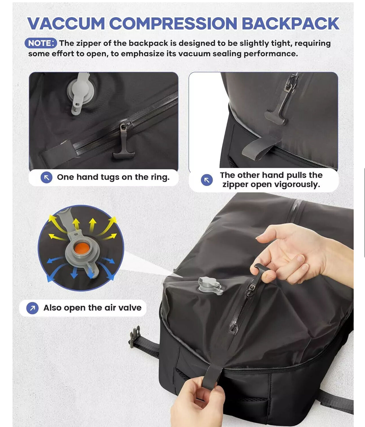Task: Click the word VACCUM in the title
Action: (x=66, y=23)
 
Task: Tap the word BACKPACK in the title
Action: (x=290, y=23)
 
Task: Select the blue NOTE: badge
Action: (x=41, y=43)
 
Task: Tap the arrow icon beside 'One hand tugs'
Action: (x=46, y=178)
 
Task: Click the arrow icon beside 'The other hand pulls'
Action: (x=207, y=180)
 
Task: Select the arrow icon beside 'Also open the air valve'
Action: (x=32, y=308)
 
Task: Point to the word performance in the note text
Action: (x=271, y=54)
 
